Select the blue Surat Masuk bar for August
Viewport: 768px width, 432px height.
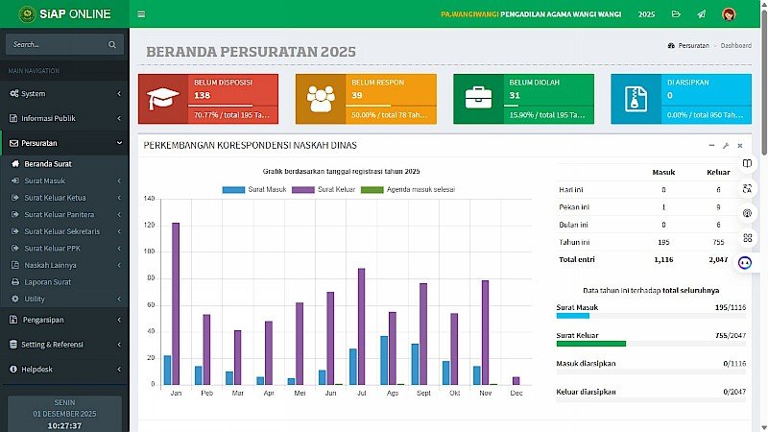384,360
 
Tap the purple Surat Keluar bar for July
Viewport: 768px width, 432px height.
361,326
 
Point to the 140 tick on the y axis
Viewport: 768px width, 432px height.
148,199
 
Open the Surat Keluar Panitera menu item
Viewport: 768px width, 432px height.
60,214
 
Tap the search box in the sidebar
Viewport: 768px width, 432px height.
58,44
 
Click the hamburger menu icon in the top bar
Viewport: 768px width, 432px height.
141,14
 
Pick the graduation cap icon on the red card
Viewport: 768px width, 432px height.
162,98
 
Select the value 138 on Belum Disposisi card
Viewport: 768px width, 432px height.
202,95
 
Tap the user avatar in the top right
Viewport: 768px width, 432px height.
729,14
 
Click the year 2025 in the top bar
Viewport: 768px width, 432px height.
646,14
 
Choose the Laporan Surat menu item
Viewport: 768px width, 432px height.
47,282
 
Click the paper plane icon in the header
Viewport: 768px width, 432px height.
702,14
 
